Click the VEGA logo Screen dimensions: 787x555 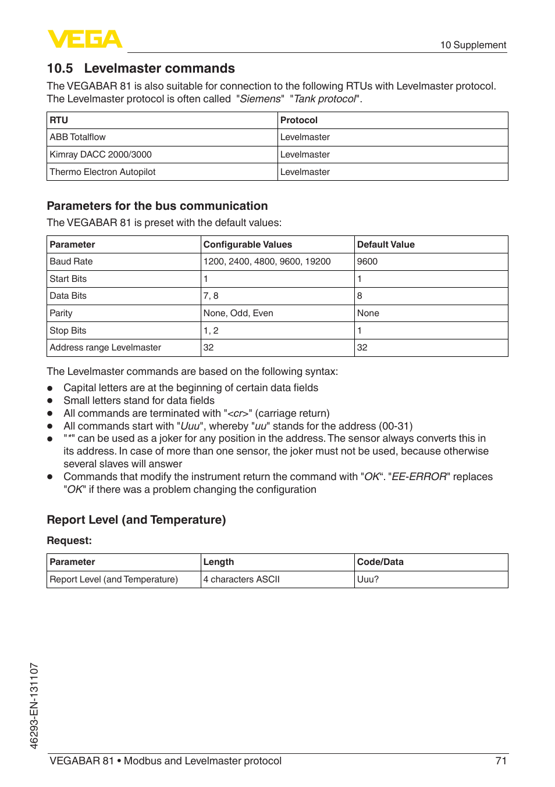click(x=85, y=39)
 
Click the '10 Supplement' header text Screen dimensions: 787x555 click(x=472, y=45)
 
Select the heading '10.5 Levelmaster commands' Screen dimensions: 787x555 click(x=141, y=69)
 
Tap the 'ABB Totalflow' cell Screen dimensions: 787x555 click(x=78, y=137)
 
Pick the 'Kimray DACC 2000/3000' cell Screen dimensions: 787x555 click(x=101, y=155)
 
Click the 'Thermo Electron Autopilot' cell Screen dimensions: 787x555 click(x=103, y=172)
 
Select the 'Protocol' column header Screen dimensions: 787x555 click(x=299, y=120)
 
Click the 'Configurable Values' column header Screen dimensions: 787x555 click(x=248, y=245)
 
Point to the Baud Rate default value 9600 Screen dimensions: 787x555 click(x=368, y=262)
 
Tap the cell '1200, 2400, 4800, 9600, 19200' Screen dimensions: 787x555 click(x=267, y=262)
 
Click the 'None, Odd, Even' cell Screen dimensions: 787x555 click(x=239, y=313)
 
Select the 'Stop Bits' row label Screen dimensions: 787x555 click(x=68, y=331)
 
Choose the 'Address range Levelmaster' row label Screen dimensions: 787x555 click(x=105, y=348)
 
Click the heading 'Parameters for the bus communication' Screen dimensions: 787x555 click(x=157, y=206)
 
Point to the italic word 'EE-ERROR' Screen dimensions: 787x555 click(x=419, y=477)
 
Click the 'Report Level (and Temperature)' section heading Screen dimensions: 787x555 click(x=136, y=520)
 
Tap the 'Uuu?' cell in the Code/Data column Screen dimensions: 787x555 click(x=368, y=579)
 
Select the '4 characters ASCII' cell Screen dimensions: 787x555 click(x=241, y=579)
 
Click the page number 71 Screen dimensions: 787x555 click(x=501, y=761)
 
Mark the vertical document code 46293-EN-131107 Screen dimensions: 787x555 click(x=34, y=706)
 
